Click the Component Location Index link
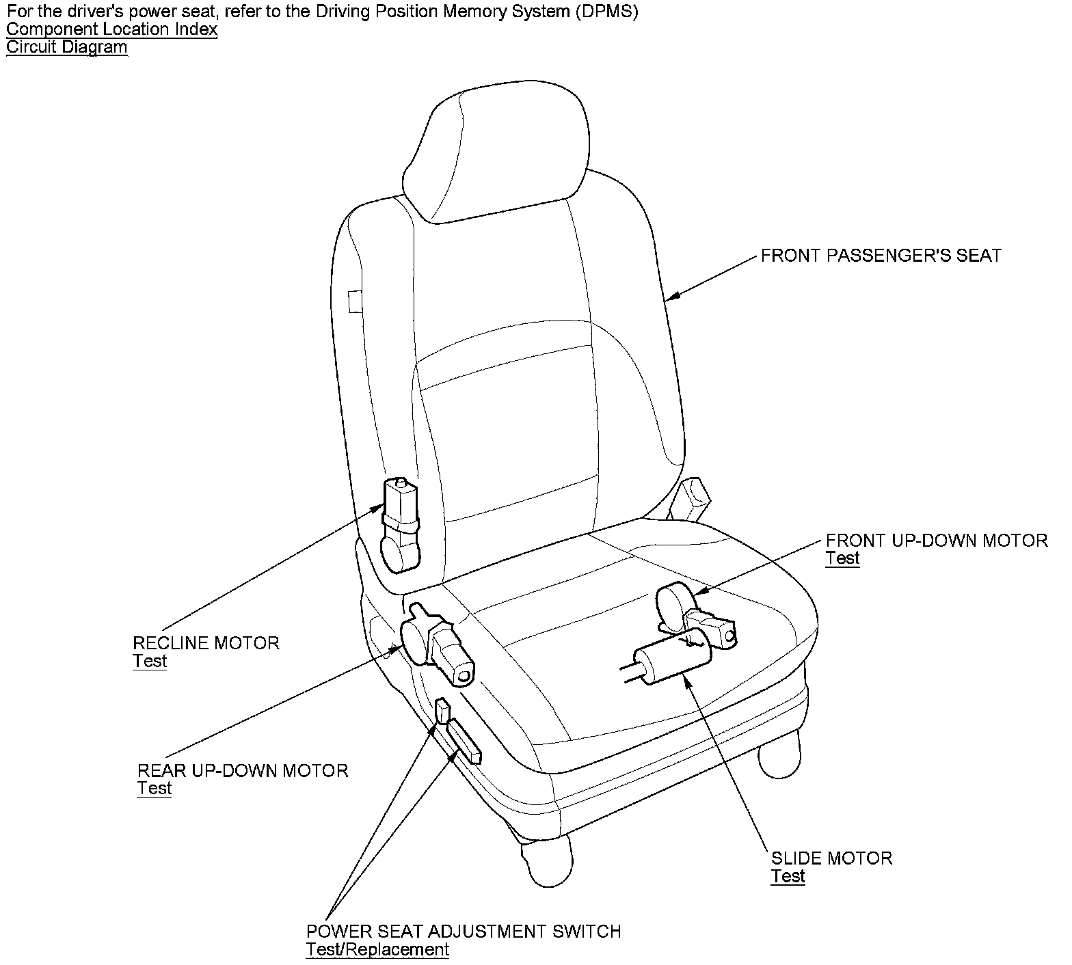point(112,29)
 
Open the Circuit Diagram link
point(67,47)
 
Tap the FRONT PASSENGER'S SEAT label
point(881,256)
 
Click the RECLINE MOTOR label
point(206,643)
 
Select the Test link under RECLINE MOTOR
point(150,661)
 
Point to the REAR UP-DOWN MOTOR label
point(243,771)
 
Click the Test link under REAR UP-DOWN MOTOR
point(155,788)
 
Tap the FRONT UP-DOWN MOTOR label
point(936,541)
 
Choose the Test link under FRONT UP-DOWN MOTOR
point(842,558)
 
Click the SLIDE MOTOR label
point(831,858)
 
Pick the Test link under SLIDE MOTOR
point(788,876)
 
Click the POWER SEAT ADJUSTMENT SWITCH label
point(464,932)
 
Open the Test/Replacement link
point(377,949)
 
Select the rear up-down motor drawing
point(438,642)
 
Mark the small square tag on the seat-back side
point(355,301)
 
